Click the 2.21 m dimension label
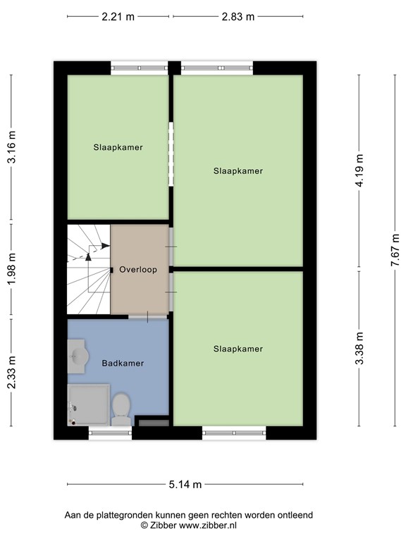pos(118,17)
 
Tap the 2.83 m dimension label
pos(238,17)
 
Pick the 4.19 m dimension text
pos(359,170)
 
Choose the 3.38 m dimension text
pos(359,348)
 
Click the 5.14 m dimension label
pos(185,484)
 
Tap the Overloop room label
pos(137,270)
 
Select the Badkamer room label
pos(123,363)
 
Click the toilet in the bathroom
pos(121,409)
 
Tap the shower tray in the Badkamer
pos(88,404)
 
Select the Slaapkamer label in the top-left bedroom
pos(118,148)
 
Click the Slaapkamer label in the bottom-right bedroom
pos(238,349)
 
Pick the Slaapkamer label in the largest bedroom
pos(238,170)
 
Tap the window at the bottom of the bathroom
pos(110,433)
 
